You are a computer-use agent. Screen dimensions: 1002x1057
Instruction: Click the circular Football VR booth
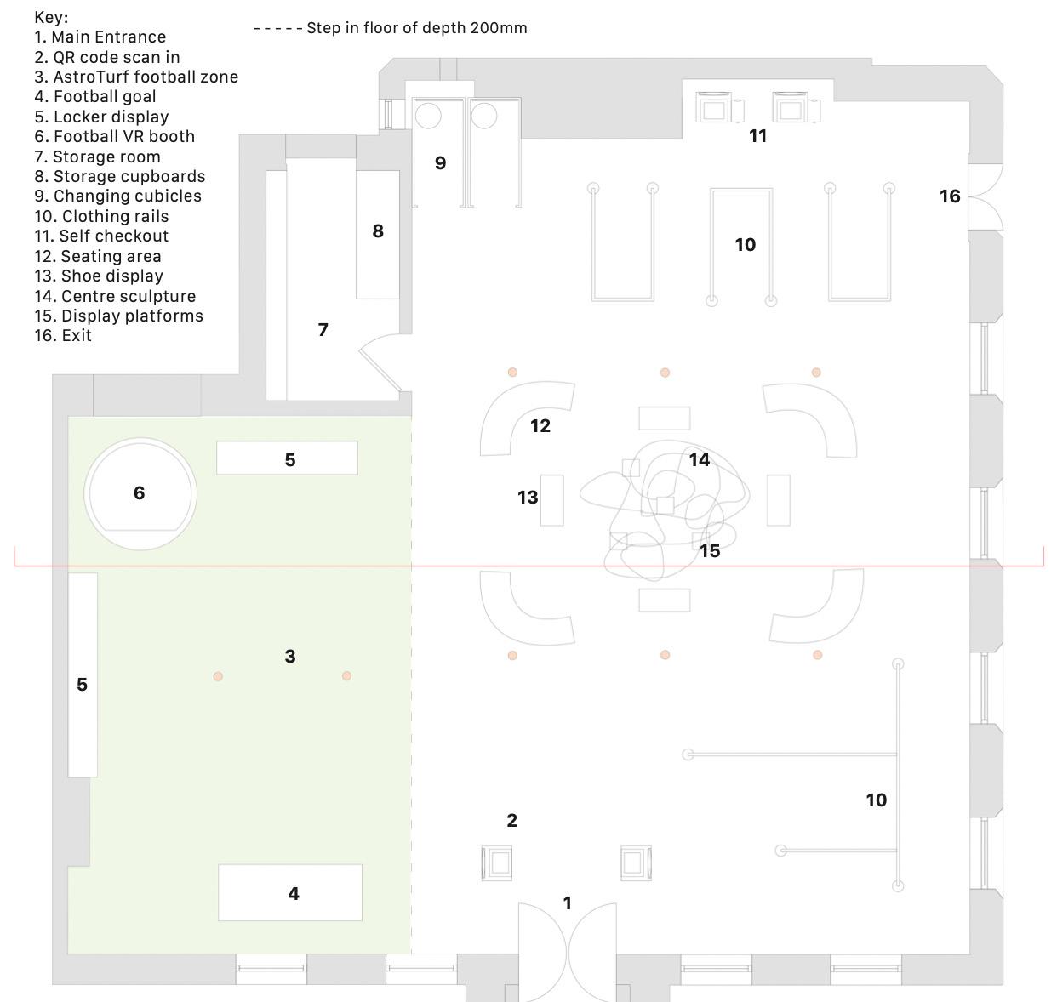click(140, 493)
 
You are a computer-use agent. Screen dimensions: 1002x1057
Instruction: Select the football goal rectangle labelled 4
click(290, 892)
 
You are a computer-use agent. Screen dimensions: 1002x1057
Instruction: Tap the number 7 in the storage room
click(323, 330)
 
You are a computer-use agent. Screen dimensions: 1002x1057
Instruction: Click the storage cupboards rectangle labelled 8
click(377, 234)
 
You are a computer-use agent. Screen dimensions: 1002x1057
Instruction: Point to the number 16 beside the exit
click(950, 196)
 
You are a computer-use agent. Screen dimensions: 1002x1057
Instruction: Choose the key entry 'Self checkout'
click(101, 236)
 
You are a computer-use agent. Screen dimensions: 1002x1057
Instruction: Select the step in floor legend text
click(416, 28)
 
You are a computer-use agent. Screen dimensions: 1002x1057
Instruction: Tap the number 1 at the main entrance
click(568, 902)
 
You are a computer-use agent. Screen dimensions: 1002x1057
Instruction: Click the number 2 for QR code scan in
click(511, 821)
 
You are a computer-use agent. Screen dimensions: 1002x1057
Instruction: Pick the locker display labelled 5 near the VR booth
click(287, 458)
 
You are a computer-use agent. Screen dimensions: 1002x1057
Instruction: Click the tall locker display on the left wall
click(83, 674)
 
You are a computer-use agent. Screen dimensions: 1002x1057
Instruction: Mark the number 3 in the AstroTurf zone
click(290, 656)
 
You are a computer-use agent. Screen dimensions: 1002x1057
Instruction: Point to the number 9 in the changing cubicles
click(440, 163)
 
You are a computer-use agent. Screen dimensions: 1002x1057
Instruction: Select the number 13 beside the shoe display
click(528, 498)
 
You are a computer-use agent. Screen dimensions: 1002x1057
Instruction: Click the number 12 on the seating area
click(540, 426)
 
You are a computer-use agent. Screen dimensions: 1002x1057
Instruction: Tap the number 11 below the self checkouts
click(758, 136)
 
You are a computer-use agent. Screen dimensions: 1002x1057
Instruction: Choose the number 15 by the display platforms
click(710, 551)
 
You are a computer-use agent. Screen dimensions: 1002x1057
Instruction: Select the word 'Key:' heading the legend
click(51, 17)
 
